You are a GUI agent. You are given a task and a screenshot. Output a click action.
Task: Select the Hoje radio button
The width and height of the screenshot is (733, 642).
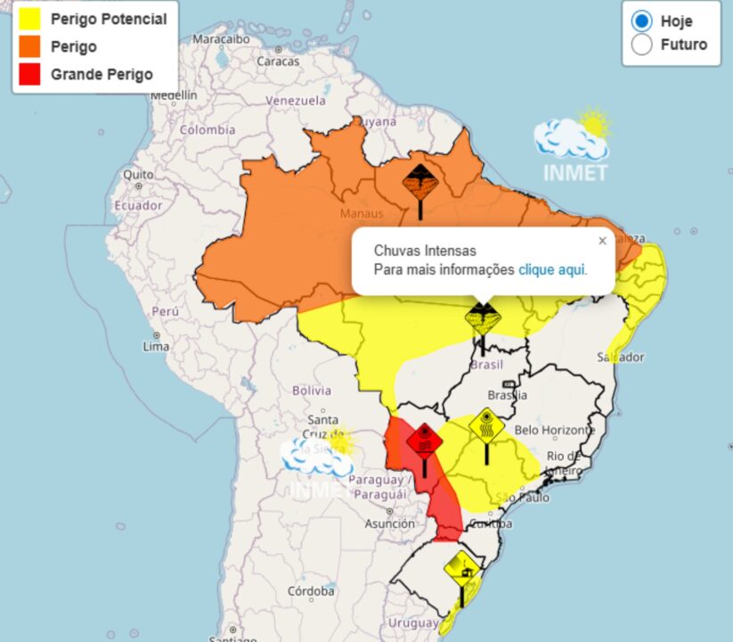641,21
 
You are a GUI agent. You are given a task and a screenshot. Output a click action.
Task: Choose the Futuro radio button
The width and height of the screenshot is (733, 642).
641,45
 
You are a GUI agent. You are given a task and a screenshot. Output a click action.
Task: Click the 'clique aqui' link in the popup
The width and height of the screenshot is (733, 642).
552,269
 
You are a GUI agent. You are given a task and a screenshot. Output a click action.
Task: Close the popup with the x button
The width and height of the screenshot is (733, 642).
602,241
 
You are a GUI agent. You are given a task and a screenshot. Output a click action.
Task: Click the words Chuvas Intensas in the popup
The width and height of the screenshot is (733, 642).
425,251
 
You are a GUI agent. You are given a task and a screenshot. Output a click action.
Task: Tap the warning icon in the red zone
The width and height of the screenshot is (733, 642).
425,440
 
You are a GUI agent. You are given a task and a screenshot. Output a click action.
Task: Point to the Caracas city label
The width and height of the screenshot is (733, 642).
278,62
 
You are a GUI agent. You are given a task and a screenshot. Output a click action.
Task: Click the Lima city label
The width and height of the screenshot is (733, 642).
156,346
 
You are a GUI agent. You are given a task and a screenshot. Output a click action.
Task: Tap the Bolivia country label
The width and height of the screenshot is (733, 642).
312,391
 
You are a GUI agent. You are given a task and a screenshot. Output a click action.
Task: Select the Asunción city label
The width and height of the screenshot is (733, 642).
389,524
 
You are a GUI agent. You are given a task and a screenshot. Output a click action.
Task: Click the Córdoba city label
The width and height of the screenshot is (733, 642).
311,591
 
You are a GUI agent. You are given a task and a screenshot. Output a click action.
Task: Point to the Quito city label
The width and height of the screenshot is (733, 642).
138,174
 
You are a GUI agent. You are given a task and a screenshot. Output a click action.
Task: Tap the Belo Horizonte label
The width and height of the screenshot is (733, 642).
555,430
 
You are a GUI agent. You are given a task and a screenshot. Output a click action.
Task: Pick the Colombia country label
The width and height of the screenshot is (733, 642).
207,129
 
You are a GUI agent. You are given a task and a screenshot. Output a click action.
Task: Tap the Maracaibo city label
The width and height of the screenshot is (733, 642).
221,39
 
